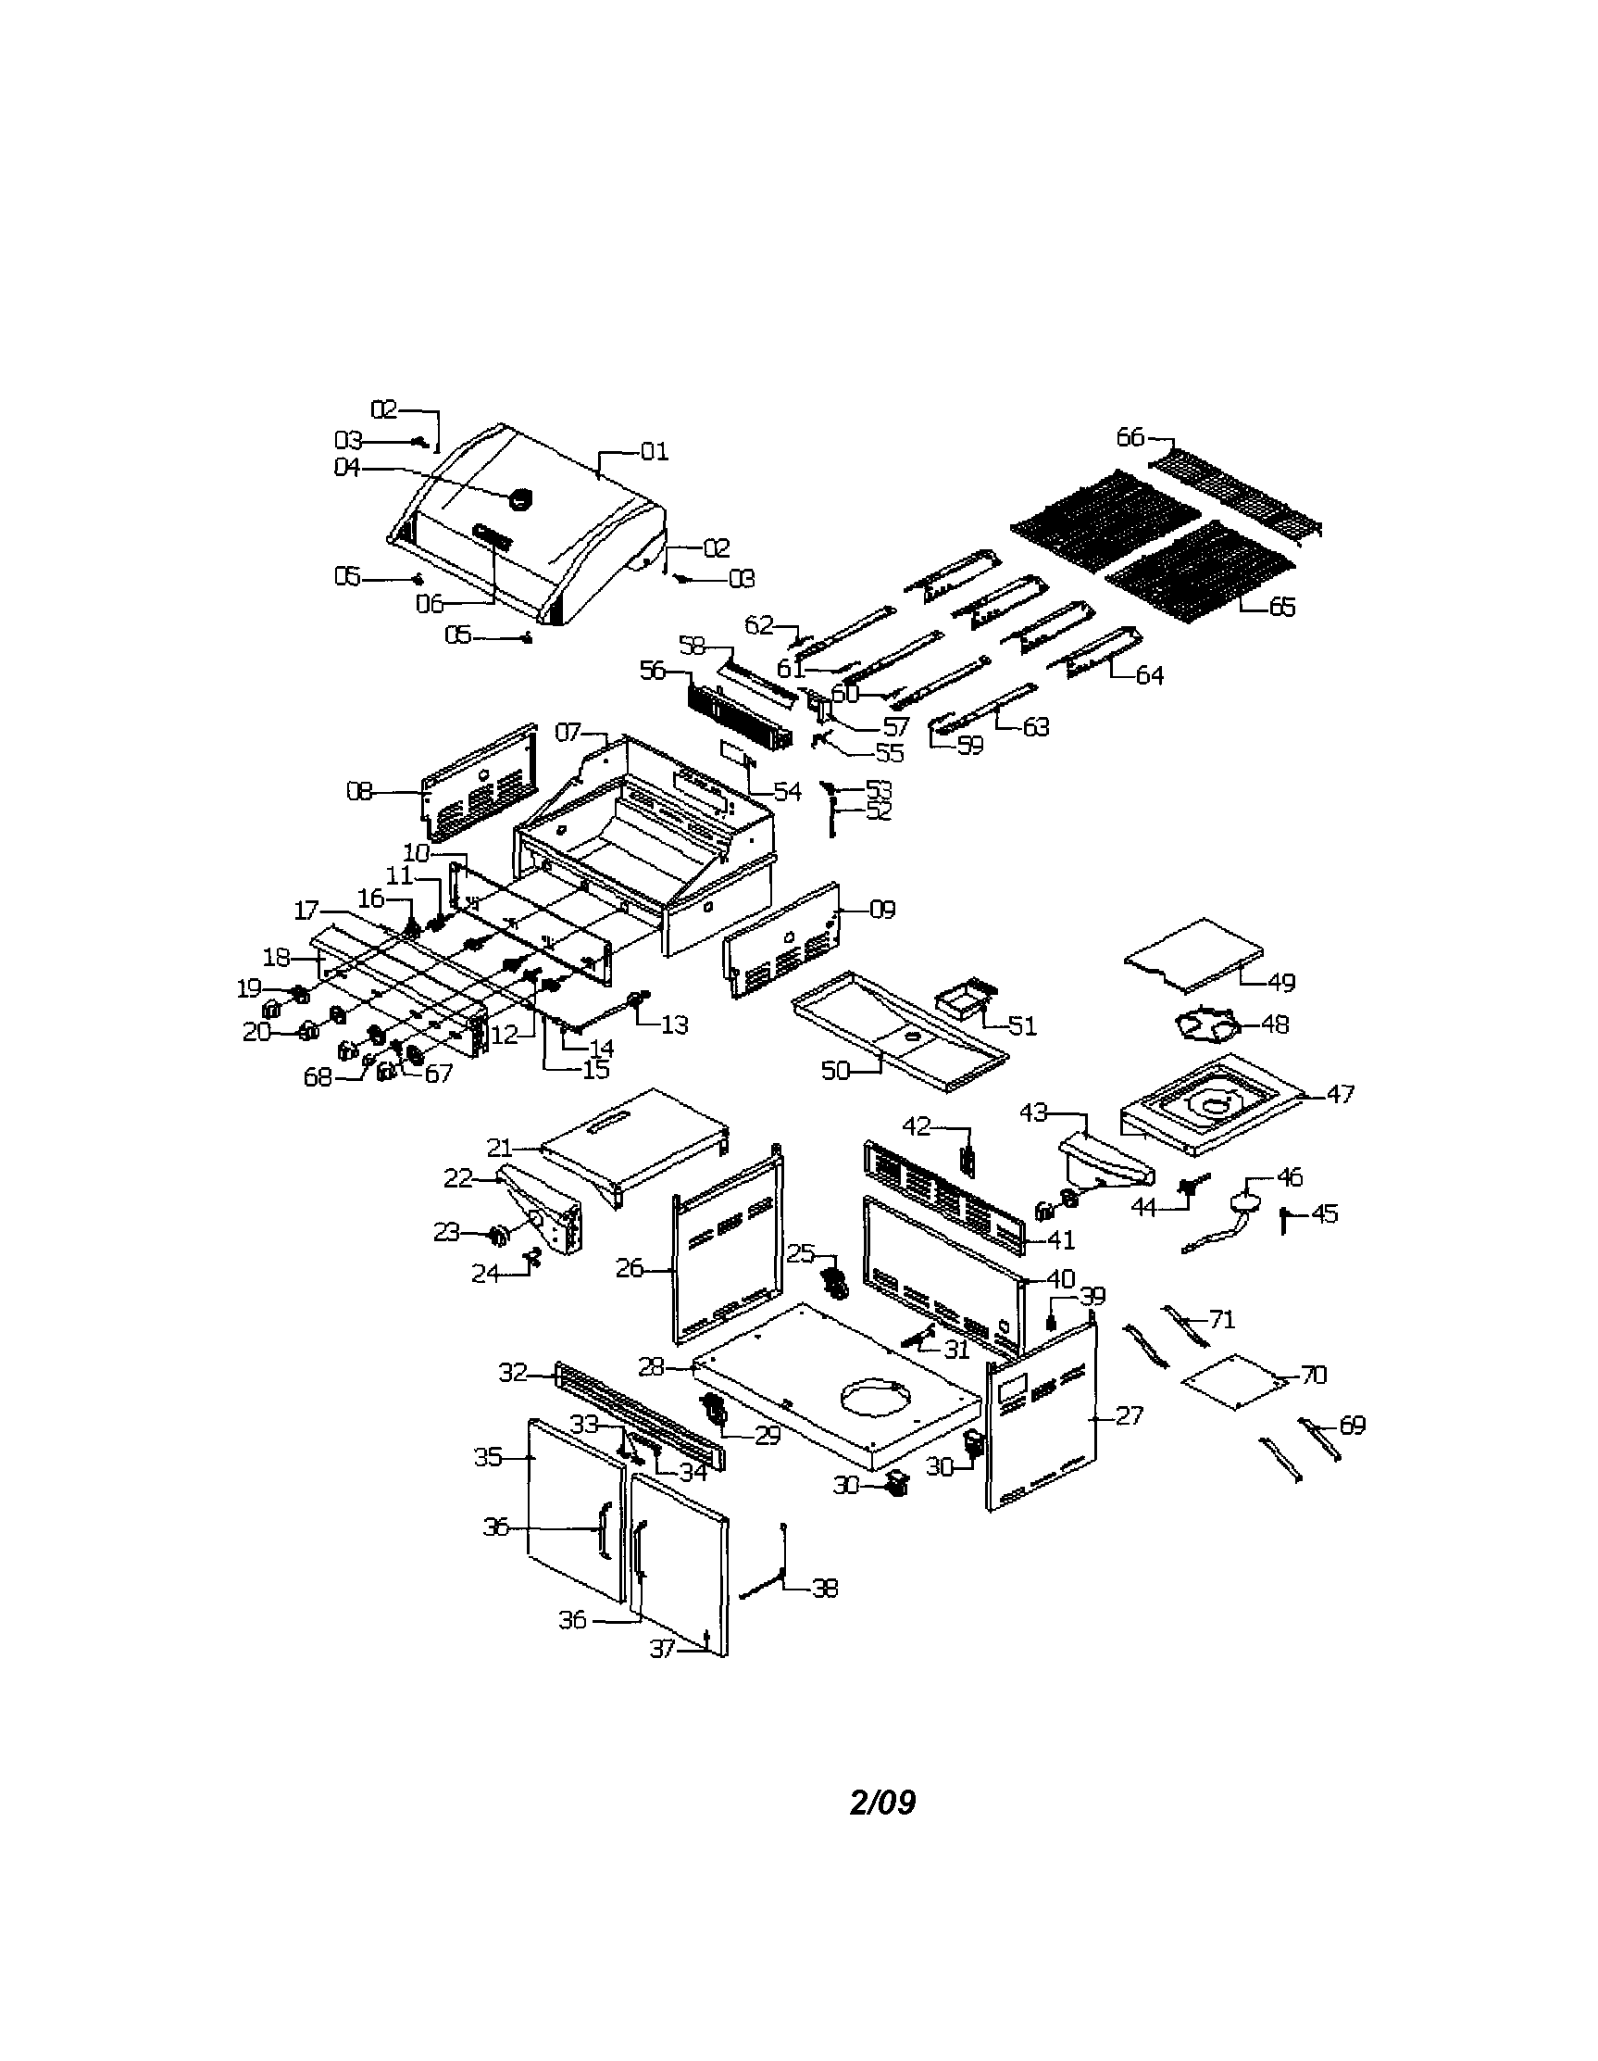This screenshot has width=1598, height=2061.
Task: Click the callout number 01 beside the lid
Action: (654, 452)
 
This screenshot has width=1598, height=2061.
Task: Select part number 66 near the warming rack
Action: (1130, 437)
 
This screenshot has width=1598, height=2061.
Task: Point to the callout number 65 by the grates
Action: (1282, 607)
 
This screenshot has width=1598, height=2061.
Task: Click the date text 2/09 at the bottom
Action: (883, 1803)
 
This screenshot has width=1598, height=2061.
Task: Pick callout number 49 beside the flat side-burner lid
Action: (1281, 983)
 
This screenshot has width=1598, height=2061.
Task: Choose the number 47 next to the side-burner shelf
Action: (1341, 1094)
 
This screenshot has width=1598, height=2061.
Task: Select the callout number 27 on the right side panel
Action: (1130, 1414)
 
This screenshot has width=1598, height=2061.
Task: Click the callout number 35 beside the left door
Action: (488, 1457)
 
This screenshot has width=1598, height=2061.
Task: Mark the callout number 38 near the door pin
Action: (825, 1589)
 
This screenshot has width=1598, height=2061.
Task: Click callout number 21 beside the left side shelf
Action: (499, 1149)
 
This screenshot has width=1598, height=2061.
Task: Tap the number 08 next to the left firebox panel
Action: (359, 791)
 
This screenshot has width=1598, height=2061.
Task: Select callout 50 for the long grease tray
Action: (836, 1071)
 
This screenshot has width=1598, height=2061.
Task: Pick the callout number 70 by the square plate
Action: (1313, 1375)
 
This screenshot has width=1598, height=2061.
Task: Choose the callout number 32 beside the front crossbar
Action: (513, 1373)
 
